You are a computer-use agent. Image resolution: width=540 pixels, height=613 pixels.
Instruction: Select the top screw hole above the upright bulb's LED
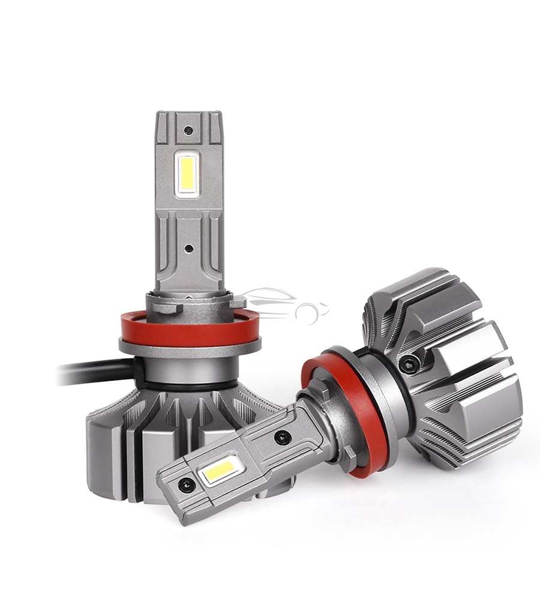(188, 130)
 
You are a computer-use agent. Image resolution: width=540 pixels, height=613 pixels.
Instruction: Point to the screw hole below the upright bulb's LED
(188, 247)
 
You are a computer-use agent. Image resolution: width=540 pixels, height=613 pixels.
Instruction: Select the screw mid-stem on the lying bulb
(280, 438)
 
